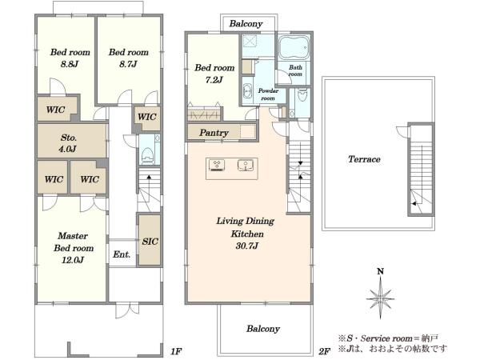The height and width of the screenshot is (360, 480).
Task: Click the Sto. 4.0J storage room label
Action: pos(68,143)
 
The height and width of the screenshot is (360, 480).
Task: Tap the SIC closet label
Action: pos(150,242)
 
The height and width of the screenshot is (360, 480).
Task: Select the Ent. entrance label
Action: pos(122,254)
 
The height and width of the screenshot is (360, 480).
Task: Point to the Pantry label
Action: pos(214,133)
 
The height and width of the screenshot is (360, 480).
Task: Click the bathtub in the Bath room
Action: pos(294,47)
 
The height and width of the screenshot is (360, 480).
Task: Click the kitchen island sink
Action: pos(246,166)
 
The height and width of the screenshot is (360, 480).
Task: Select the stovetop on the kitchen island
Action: pos(217,165)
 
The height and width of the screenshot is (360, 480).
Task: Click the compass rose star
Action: pos(380,298)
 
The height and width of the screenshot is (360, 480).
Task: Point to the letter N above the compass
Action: pos(380,271)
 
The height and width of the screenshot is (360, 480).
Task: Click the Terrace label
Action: pos(364,159)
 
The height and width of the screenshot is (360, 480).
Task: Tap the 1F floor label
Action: pos(176,351)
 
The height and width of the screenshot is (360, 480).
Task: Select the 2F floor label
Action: pos(325,351)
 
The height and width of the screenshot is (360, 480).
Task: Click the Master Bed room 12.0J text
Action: pos(73,248)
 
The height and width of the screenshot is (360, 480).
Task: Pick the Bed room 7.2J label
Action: pos(214,74)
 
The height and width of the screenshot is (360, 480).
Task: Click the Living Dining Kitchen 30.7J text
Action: pos(246,234)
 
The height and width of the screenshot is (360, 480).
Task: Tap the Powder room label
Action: pos(268,94)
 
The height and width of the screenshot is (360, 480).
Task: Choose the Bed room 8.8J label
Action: pos(70,58)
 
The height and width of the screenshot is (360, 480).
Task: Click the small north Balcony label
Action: pos(246,23)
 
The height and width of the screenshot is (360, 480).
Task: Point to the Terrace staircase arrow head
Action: pos(414,203)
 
